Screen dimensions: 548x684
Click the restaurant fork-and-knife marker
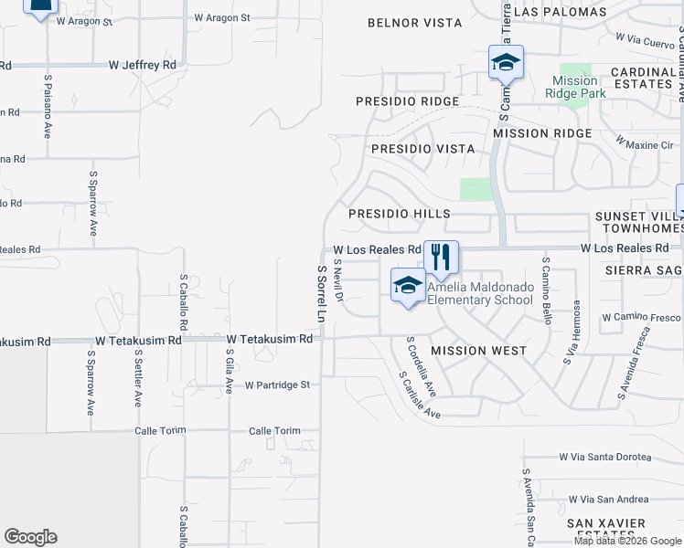coord(441,258)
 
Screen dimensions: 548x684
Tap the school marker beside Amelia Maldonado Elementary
coord(408,285)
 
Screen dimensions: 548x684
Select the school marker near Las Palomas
coord(506,62)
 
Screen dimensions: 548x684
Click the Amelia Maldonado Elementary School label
coord(479,293)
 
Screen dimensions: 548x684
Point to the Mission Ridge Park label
coord(575,87)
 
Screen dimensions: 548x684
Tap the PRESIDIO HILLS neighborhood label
coord(400,214)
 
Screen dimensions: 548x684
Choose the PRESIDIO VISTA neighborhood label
coord(422,149)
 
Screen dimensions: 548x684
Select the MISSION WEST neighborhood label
coord(478,351)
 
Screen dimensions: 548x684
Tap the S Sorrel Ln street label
coord(321,294)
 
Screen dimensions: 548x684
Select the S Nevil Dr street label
coord(337,280)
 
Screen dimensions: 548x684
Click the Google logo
coord(30,537)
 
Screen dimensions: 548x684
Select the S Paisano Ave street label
coord(47,106)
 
